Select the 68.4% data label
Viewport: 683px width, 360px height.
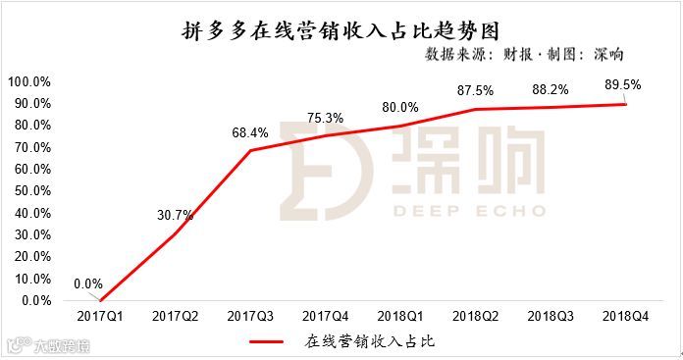pyautogui.click(x=250, y=133)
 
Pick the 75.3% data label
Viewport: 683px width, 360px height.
pyautogui.click(x=326, y=118)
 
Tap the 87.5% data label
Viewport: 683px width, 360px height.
pyautogui.click(x=476, y=89)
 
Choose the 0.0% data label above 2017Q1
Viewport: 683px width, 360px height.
pyautogui.click(x=89, y=284)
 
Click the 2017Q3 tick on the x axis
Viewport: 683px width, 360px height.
pyautogui.click(x=250, y=317)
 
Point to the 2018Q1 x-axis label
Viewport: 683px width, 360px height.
pyautogui.click(x=400, y=317)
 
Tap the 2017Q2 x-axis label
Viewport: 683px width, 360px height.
pyautogui.click(x=175, y=317)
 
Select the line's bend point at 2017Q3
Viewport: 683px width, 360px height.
pyautogui.click(x=250, y=150)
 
